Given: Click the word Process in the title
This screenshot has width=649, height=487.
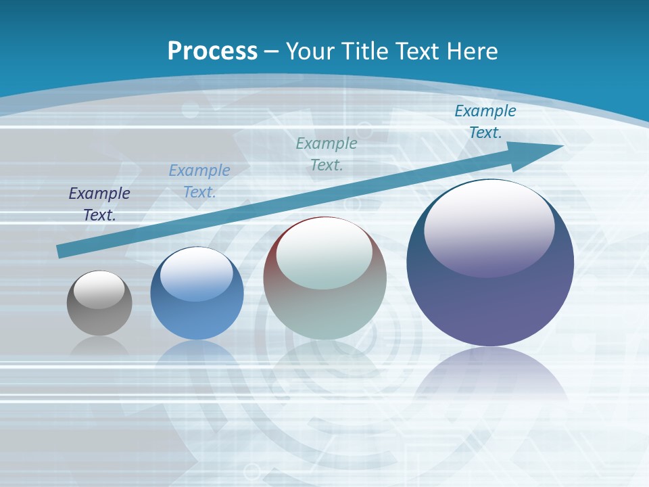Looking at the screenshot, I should coord(212,51).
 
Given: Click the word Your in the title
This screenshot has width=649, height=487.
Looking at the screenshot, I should coord(311,51).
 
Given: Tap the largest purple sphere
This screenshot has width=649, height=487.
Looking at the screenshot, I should coord(490,304).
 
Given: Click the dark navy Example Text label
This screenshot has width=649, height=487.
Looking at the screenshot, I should coord(99,204).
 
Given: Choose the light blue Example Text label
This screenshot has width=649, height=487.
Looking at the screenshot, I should coord(199,181).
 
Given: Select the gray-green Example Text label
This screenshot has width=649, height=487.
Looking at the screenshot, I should coord(327,154).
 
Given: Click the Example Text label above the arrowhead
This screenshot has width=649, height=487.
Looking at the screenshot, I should coord(485,122).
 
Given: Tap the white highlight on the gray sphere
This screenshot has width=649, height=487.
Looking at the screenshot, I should coord(99,289).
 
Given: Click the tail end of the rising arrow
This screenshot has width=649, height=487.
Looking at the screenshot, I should coord(62,251).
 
